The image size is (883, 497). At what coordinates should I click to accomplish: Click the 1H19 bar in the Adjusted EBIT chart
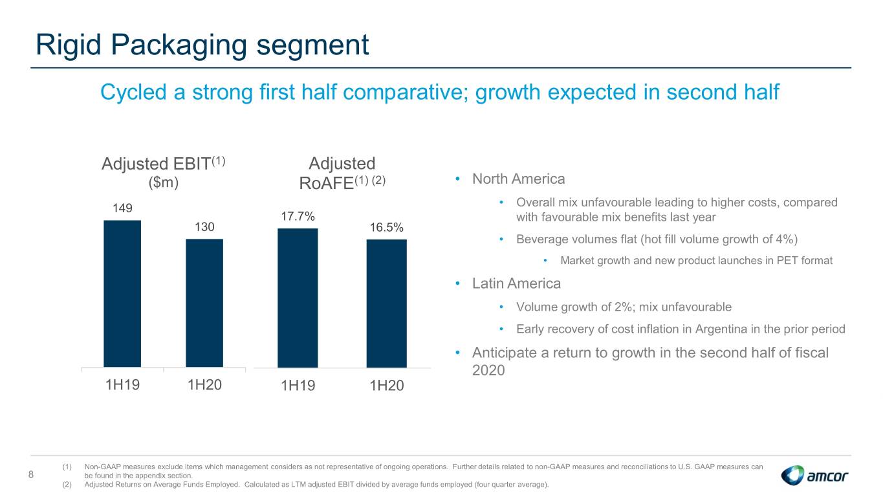pos(122,293)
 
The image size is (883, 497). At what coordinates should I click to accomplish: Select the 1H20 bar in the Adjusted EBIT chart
pos(204,303)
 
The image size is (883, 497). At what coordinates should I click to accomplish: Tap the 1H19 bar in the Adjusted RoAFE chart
pos(298,298)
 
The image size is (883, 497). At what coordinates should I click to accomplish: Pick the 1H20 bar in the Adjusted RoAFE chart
pos(386,304)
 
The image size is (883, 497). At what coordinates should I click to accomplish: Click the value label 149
pos(122,208)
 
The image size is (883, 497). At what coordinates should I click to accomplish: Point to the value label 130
pos(204,226)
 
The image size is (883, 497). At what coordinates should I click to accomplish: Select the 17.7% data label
pos(298,216)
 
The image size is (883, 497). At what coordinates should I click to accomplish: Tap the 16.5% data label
pos(386,227)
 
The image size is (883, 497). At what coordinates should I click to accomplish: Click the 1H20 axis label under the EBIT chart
pos(204,384)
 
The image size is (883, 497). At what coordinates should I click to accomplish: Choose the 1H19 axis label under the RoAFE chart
pos(298,386)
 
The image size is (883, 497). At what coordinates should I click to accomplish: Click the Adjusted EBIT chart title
pos(163,173)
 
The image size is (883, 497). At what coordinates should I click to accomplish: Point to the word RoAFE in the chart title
pos(326,183)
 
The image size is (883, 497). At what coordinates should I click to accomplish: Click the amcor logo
pos(814,475)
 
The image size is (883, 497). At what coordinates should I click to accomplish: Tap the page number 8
pos(31,474)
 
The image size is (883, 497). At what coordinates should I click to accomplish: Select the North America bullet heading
pos(518,179)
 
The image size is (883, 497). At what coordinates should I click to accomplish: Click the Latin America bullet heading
pos(516,283)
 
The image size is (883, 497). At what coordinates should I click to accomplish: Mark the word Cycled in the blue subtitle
pos(134,93)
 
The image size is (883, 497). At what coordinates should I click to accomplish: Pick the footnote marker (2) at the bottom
pos(67,484)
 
